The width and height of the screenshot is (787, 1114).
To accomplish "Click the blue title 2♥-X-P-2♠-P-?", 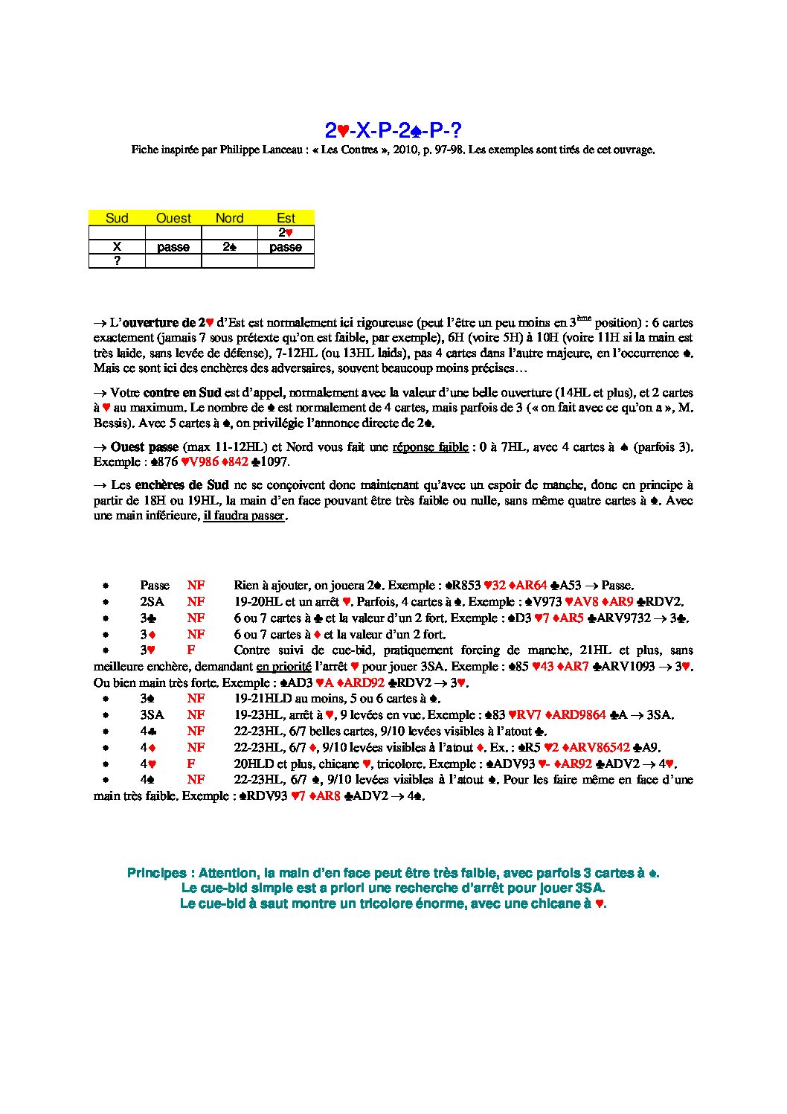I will (393, 131).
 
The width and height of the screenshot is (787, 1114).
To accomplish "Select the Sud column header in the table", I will (117, 218).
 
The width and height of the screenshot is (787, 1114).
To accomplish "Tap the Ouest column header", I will (173, 218).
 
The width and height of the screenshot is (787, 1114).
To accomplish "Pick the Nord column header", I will (229, 218).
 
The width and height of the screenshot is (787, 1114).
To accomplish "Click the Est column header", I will (286, 218).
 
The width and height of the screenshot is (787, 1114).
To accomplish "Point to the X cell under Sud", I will (117, 247).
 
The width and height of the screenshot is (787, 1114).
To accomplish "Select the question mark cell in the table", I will (117, 260).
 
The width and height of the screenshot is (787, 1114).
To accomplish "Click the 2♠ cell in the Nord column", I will (229, 247).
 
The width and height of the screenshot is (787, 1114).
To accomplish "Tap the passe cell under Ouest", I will (173, 247).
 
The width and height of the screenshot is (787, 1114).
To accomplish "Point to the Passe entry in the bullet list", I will (155, 586).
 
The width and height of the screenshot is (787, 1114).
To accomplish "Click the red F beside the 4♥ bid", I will (191, 764).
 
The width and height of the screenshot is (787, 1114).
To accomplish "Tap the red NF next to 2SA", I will (196, 602).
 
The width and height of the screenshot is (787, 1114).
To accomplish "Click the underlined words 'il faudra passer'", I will (245, 516).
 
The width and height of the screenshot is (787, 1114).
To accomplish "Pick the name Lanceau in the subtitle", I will (282, 150).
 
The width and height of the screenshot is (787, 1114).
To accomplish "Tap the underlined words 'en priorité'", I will (283, 667).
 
